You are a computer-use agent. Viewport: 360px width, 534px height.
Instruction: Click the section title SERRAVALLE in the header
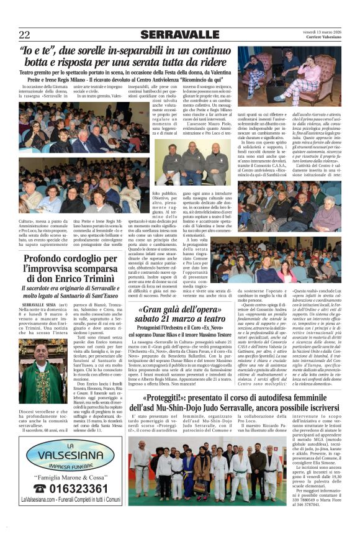click(179, 34)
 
